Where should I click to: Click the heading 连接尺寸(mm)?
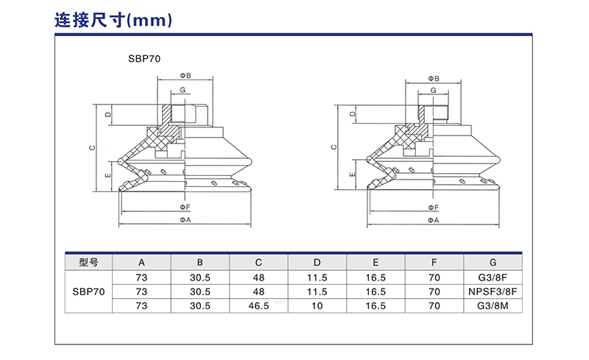(x=113, y=20)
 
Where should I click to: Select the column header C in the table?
(x=258, y=262)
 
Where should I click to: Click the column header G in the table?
(x=493, y=262)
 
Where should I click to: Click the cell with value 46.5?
(x=258, y=305)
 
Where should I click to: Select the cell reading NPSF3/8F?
(x=493, y=291)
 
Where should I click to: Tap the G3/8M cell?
(x=493, y=305)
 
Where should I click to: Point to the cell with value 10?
(x=317, y=305)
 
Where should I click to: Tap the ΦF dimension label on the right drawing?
(x=434, y=208)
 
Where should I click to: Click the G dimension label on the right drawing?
(x=434, y=90)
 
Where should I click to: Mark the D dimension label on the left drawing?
(x=107, y=115)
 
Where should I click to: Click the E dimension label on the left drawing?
(x=107, y=175)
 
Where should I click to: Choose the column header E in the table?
(x=375, y=262)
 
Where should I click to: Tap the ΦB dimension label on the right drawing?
(x=434, y=78)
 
